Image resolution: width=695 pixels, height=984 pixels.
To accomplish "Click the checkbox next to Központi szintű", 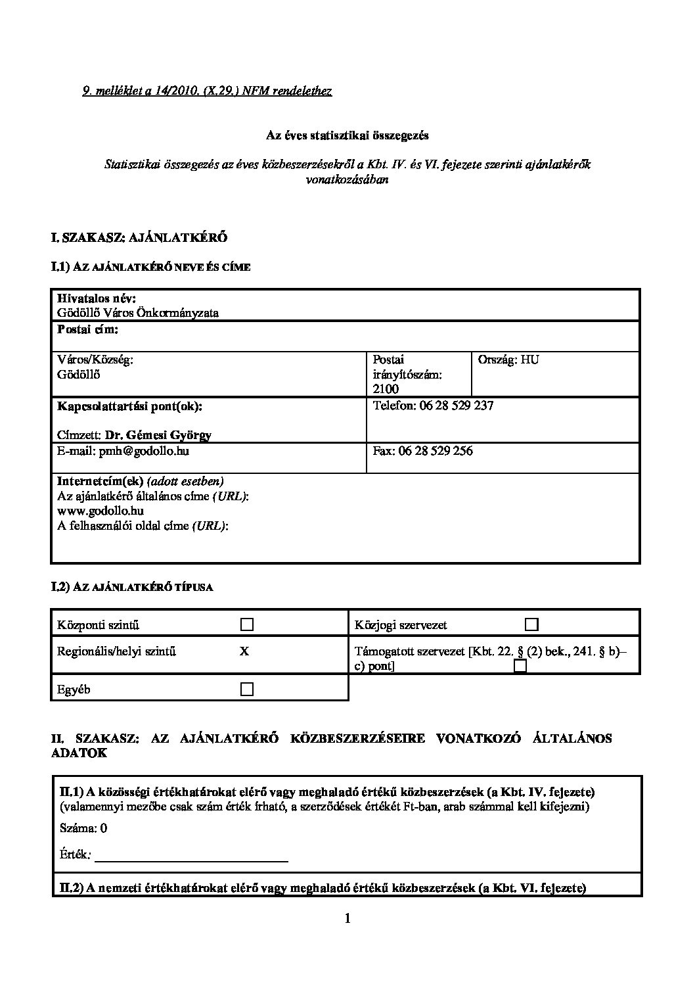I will click(247, 624).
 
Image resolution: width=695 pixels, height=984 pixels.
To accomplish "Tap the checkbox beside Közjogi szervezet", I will click(531, 624).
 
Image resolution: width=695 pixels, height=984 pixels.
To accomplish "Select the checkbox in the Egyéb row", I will click(247, 689).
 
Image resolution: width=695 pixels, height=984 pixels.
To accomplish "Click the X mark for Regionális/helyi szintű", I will click(244, 651).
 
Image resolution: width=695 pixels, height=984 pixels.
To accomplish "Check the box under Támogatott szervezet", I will click(520, 667).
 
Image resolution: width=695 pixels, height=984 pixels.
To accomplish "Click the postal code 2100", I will click(386, 388).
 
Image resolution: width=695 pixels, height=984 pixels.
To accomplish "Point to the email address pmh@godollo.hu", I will click(144, 452).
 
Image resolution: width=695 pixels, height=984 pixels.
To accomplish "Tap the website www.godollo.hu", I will click(101, 510).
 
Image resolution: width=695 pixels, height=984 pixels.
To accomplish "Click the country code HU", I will click(530, 360).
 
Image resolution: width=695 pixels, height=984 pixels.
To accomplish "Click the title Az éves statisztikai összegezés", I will click(347, 135).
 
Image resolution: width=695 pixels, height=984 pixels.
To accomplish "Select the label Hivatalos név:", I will click(97, 298).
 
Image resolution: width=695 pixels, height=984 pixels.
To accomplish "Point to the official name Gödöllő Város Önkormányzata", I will click(138, 313).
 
